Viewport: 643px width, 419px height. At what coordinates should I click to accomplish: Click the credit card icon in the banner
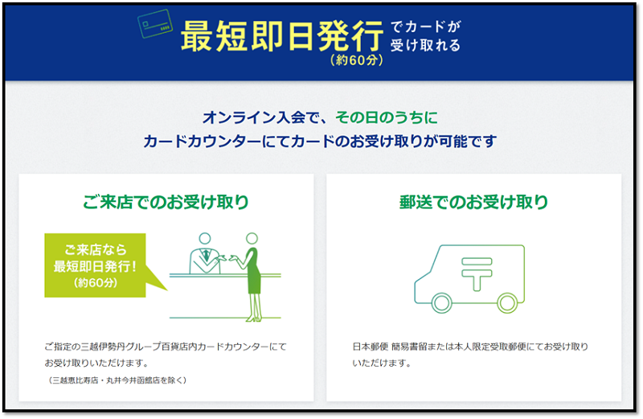[x=154, y=24]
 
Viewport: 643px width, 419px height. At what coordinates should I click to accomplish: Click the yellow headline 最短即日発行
[x=282, y=36]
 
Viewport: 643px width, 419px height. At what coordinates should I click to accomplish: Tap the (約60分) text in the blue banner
[x=356, y=60]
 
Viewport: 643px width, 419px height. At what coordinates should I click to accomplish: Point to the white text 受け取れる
[x=425, y=45]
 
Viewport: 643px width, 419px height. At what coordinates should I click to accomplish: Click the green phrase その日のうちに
[x=387, y=117]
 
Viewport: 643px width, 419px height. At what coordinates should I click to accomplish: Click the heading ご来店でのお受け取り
[x=166, y=202]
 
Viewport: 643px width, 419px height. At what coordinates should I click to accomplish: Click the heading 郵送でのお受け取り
[x=473, y=202]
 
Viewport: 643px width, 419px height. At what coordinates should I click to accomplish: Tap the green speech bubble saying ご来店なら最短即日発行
[x=95, y=265]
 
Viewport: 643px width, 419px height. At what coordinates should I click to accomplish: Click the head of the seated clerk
[x=205, y=238]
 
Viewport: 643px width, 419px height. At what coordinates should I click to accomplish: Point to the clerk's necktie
[x=206, y=255]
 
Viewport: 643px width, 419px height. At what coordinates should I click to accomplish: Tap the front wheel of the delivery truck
[x=441, y=303]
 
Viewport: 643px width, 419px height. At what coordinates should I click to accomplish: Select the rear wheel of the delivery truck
[x=507, y=303]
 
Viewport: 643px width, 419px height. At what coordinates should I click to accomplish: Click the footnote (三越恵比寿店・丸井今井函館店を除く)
[x=117, y=380]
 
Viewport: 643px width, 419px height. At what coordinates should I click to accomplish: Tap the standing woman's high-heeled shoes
[x=252, y=318]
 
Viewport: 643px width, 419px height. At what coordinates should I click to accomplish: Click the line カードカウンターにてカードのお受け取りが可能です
[x=320, y=142]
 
